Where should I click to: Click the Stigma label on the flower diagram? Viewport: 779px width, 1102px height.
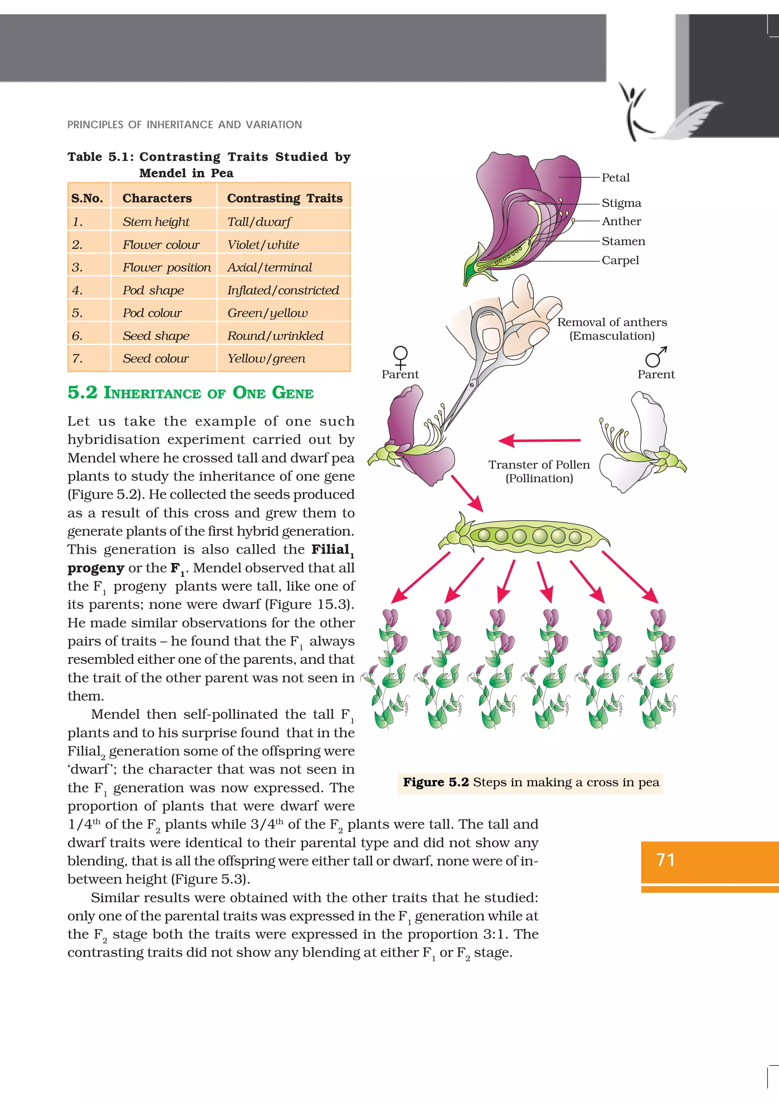pos(621,203)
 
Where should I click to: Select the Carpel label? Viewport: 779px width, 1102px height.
pos(620,260)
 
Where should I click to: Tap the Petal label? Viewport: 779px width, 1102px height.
pos(615,178)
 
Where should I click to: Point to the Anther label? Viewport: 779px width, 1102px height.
pos(621,221)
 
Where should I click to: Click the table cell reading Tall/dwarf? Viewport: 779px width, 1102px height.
pos(259,222)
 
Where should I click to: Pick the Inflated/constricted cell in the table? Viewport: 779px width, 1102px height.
pos(283,291)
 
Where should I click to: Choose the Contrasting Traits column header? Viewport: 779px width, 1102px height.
pos(285,198)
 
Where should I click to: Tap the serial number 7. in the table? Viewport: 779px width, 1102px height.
pos(77,359)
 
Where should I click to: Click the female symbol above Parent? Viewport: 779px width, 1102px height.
pos(400,357)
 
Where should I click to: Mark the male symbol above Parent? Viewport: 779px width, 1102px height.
pos(656,357)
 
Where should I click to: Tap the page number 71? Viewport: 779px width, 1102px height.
pos(665,860)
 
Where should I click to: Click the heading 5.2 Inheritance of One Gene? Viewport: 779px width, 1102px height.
pos(191,392)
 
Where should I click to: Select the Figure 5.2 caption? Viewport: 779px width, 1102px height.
pos(530,782)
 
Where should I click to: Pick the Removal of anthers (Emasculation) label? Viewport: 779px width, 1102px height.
pos(612,329)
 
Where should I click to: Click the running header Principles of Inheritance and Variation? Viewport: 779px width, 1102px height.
pos(185,125)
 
